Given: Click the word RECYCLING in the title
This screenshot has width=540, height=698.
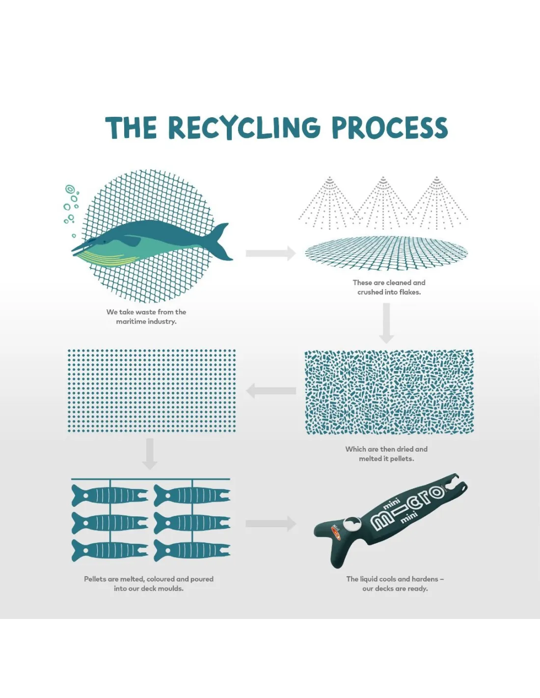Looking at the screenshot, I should click(244, 128).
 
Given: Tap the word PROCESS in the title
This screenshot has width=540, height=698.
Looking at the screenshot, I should click(390, 128).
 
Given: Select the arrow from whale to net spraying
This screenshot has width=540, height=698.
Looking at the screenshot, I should click(270, 253).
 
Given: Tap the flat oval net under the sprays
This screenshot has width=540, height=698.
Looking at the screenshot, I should click(386, 253).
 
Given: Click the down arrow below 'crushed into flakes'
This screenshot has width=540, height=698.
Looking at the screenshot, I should click(386, 323).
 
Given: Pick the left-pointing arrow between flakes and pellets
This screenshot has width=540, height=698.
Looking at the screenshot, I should click(271, 391).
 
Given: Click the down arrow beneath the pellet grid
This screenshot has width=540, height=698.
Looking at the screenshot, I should click(150, 454).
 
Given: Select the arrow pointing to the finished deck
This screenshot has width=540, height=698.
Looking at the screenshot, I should click(270, 524).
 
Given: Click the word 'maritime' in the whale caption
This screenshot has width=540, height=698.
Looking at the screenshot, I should click(130, 322).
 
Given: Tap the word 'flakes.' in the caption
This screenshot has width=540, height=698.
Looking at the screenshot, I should click(410, 292).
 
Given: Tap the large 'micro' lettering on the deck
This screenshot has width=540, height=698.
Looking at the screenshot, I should click(407, 506).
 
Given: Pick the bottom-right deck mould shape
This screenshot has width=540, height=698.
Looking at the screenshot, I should click(192, 550).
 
